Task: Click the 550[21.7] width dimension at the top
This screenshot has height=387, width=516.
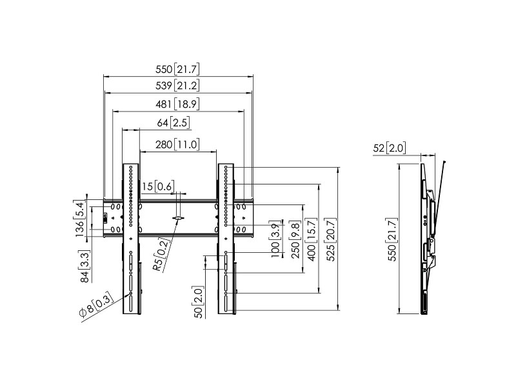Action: point(177,69)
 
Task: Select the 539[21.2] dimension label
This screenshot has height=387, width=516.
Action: point(177,86)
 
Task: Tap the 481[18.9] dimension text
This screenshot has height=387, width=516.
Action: point(177,104)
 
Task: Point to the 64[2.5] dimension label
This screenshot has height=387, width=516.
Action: point(174,123)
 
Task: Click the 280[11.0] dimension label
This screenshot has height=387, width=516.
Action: point(177,144)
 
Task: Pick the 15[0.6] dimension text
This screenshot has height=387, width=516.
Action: point(157,186)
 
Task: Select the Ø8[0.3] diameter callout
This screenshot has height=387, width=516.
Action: point(96,304)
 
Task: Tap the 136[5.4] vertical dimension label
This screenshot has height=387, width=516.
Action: point(79,219)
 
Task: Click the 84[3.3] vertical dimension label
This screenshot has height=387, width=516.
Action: point(84,267)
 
